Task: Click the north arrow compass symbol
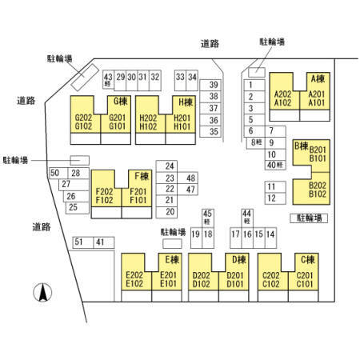coord(42,293)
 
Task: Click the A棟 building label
coord(318,78)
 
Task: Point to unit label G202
coord(83,118)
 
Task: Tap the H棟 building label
coord(186,102)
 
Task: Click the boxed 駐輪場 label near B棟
coord(309,218)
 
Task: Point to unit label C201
coord(305,275)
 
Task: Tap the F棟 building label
coord(142,176)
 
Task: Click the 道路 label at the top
coord(210,43)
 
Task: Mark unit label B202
coord(318,186)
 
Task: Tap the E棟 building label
coord(172,259)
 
